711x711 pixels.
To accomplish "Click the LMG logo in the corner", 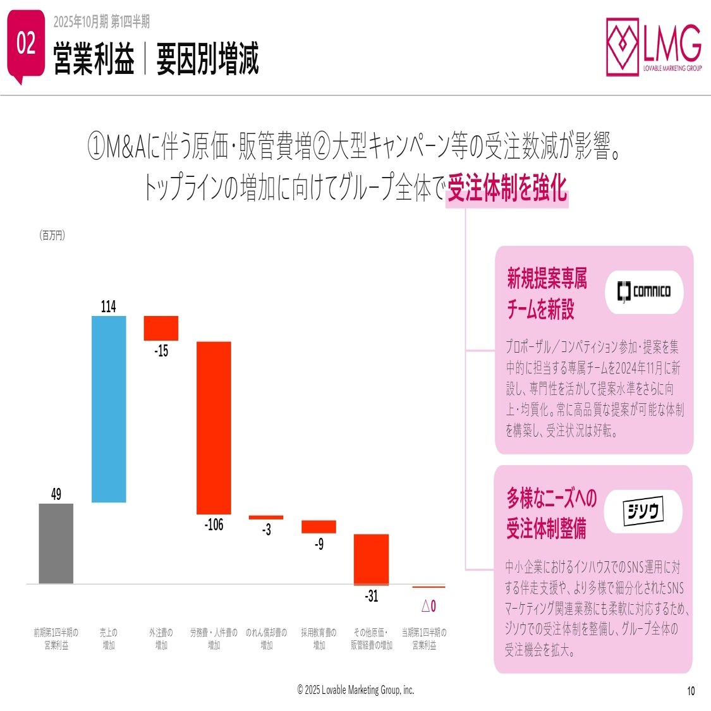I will [x=653, y=47].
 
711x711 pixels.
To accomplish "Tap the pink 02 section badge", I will [x=27, y=44].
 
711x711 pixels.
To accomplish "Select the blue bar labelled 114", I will [x=109, y=409].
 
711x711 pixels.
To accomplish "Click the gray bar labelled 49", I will [x=56, y=543].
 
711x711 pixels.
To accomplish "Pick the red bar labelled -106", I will [x=214, y=427].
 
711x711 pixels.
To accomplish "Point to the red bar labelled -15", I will [x=161, y=328].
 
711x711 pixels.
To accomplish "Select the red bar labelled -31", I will [x=371, y=559].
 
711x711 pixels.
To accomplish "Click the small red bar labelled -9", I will [x=319, y=526].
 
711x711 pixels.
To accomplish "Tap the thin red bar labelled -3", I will [x=266, y=517].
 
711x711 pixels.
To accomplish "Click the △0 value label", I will [x=428, y=606].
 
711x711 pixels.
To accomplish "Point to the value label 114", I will [x=109, y=307].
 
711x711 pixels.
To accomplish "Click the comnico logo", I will [x=644, y=292].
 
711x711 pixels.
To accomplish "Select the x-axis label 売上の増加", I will [x=109, y=638].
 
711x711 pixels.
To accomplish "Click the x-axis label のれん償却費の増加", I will [x=266, y=638].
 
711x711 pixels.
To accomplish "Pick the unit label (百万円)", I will [x=52, y=235].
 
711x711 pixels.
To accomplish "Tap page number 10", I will [x=691, y=691].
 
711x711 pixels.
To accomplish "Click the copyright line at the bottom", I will [x=356, y=690].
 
